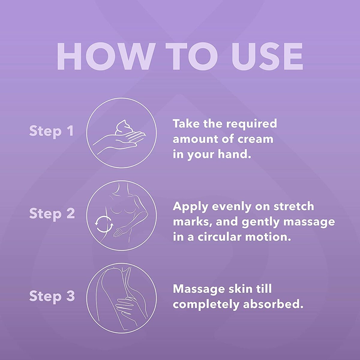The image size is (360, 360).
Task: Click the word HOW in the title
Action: coord(104,57)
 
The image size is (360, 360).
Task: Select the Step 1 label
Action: coord(51,131)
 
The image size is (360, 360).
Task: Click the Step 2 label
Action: coord(52,214)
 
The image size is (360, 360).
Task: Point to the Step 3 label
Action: coord(52,296)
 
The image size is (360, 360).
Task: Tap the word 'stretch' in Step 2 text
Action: coord(294,206)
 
